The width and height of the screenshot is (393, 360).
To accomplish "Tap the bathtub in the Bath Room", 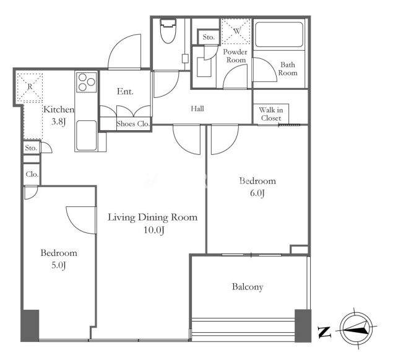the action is click(279, 35).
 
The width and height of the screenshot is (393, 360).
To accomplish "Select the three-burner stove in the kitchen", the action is click(87, 82).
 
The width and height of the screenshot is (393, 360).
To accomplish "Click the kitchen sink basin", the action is click(87, 136).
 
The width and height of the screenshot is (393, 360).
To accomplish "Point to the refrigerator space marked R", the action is click(30, 87).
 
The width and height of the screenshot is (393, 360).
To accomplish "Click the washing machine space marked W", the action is click(236, 32).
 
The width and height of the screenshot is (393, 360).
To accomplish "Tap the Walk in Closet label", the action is click(271, 114).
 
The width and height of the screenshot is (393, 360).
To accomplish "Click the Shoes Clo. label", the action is click(133, 124).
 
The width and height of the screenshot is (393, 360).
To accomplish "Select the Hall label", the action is click(197, 108).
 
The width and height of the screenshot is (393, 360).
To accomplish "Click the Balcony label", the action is click(248, 287).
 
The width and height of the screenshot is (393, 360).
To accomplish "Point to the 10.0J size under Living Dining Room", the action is click(153, 230).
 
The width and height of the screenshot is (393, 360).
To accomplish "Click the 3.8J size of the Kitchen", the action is click(58, 122).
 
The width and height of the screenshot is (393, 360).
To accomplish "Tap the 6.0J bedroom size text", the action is click(257, 193).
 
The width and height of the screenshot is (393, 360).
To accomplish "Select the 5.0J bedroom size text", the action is click(58, 265).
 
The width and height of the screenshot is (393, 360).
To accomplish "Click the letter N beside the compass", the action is click(324, 332).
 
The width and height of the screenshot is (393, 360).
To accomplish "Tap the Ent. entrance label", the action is click(125, 91).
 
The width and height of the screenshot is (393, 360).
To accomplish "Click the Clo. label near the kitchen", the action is click(32, 174).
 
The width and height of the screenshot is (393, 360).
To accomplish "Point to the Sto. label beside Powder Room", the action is click(209, 37).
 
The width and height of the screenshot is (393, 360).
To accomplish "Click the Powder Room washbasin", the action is click(204, 67).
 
